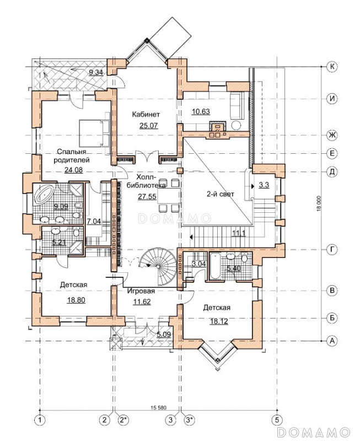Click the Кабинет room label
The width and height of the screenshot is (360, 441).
[x=146, y=115]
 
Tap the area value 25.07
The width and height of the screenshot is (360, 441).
[x=148, y=126]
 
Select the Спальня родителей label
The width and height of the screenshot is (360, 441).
[x=73, y=156]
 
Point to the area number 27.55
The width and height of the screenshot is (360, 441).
[x=147, y=196]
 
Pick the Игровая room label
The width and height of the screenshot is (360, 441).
[x=141, y=291]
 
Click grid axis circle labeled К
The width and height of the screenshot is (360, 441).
[x=332, y=67]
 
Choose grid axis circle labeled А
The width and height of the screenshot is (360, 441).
[x=332, y=341]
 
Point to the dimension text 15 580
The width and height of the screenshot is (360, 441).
[x=159, y=407]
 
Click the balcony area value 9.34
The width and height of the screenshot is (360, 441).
[x=96, y=73]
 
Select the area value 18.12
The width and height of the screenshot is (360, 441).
[x=218, y=321]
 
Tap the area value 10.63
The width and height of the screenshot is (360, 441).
[x=201, y=111]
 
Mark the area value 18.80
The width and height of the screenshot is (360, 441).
[x=76, y=300]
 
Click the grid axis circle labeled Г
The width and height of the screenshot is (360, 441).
[x=332, y=250]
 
